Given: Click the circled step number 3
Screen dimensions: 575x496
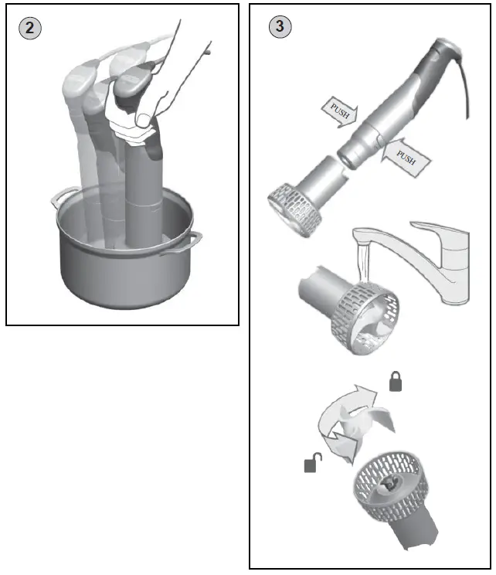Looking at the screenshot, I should [x=279, y=26].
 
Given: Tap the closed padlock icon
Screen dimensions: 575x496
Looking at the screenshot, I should [x=395, y=382].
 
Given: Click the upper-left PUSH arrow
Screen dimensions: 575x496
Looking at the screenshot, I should [x=336, y=113].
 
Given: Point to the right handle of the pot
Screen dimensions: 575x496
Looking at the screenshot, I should [x=190, y=238].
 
